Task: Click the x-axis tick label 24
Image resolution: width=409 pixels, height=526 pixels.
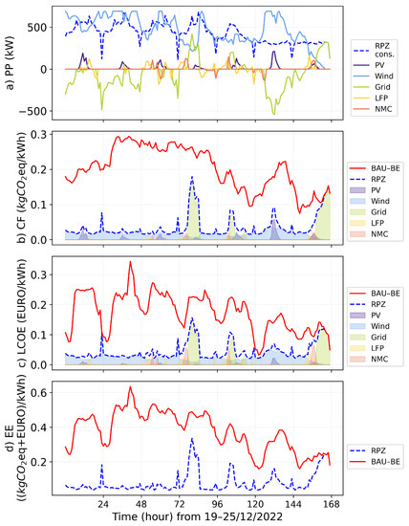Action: [x=103, y=503]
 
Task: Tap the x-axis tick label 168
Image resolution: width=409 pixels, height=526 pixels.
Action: [x=330, y=503]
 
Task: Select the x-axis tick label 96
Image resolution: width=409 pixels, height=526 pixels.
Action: [x=217, y=503]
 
